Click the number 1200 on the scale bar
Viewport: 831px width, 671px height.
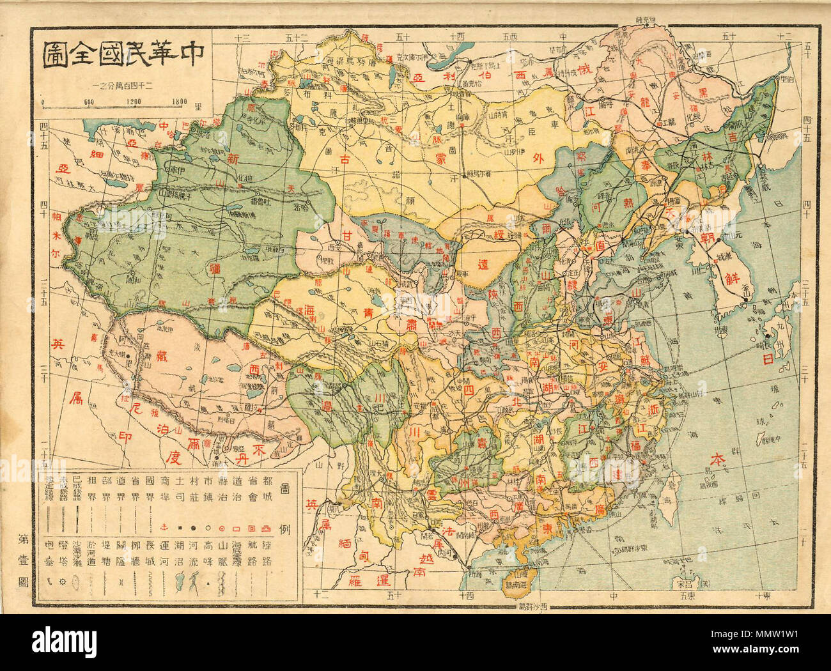tap(133, 100)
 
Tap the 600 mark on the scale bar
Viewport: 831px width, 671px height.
tap(88, 100)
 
